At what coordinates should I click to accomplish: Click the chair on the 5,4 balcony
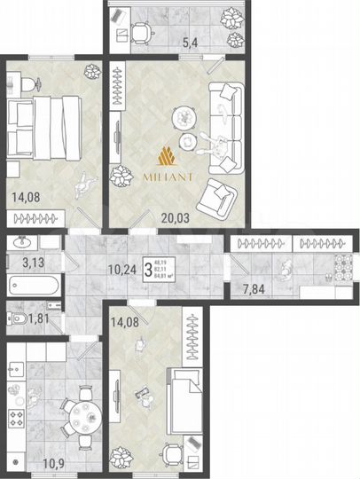(141, 33)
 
